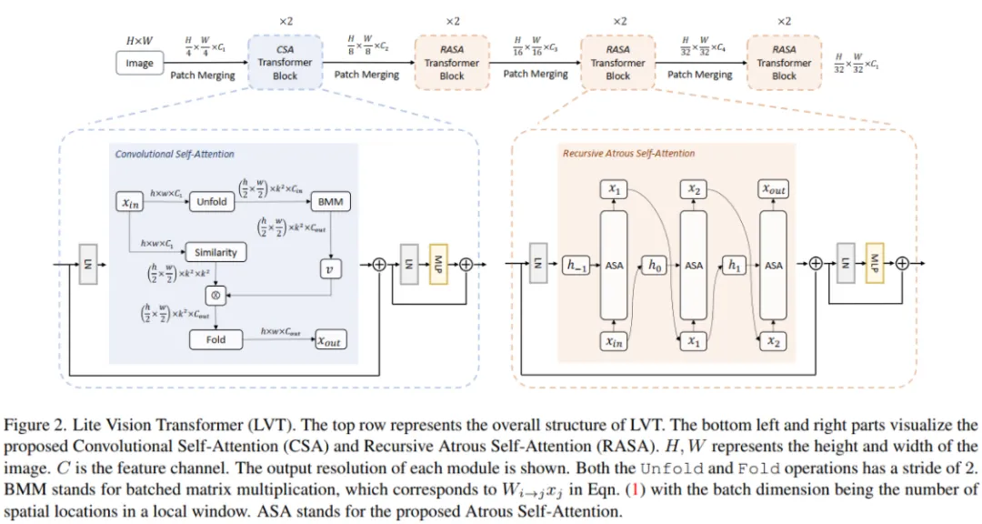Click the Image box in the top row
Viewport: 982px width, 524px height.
[x=139, y=64]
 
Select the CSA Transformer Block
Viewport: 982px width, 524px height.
[x=285, y=63]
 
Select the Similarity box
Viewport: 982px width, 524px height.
[x=215, y=252]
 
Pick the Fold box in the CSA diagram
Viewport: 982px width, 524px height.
[x=215, y=340]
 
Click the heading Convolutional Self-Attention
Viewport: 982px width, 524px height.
[x=175, y=155]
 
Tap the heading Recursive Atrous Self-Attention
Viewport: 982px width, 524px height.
[x=628, y=154]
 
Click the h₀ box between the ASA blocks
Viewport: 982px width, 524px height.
[x=655, y=266]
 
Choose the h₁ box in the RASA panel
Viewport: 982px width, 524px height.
[x=734, y=266]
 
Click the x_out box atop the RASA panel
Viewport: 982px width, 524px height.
[x=773, y=189]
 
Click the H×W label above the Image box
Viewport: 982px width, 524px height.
[x=139, y=41]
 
